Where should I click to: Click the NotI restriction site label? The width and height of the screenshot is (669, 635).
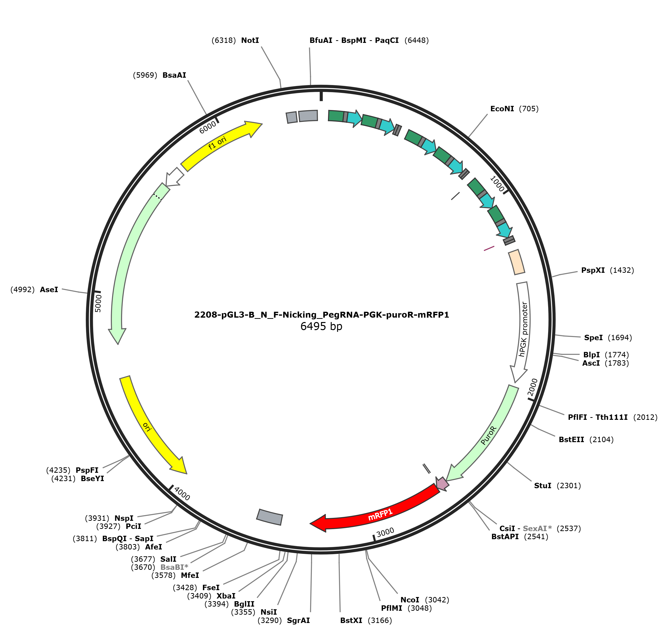click(250, 40)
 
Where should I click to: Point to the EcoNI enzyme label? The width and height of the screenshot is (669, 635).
click(502, 109)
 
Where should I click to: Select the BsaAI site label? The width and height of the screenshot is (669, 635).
click(174, 75)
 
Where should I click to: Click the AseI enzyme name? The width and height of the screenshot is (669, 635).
click(49, 289)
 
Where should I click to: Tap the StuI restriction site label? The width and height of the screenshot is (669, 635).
click(543, 486)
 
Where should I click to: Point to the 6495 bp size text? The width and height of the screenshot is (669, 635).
click(321, 326)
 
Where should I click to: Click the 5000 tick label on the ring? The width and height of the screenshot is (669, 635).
click(98, 303)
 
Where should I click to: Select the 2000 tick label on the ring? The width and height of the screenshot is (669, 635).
click(532, 387)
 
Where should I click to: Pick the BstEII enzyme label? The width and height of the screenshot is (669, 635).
click(571, 440)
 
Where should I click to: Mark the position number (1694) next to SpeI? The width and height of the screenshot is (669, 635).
click(620, 337)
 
